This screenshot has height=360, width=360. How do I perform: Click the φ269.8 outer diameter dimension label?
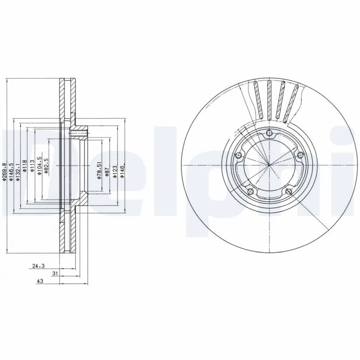pyautogui.click(x=4, y=172)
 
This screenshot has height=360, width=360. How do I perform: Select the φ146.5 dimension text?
pyautogui.click(x=12, y=172)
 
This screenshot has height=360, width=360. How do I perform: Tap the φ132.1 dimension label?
pyautogui.click(x=18, y=172)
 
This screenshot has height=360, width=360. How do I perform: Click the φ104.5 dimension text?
pyautogui.click(x=40, y=166)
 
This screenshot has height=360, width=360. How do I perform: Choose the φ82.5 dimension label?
pyautogui.click(x=47, y=166)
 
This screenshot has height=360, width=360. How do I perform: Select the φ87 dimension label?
pyautogui.click(x=106, y=173)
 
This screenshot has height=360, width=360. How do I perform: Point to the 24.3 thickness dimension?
pyautogui.click(x=39, y=266)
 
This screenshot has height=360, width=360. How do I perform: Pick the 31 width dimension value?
pyautogui.click(x=54, y=273)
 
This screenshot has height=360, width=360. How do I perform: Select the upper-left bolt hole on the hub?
pyautogui.click(x=239, y=155)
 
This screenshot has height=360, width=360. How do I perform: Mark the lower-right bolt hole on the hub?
pyautogui.click(x=288, y=191)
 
